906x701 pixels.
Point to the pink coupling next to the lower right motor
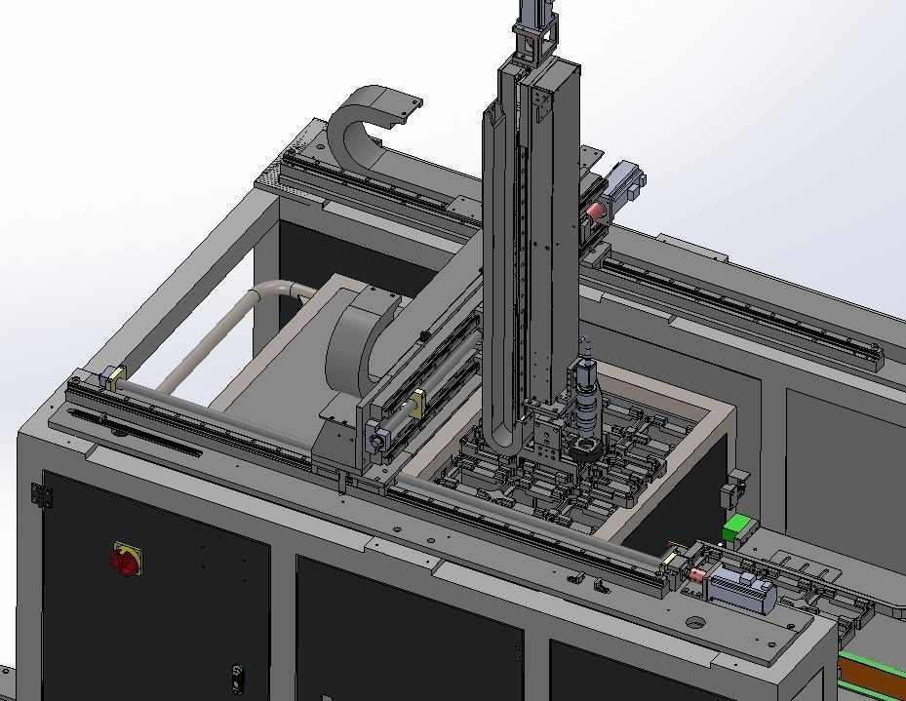click(697, 576)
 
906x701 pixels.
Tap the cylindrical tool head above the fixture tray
click(586, 400)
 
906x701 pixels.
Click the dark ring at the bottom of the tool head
click(588, 449)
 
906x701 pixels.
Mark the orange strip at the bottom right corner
click(873, 674)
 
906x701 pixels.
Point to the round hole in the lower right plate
click(694, 622)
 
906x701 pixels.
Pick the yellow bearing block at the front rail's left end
click(116, 379)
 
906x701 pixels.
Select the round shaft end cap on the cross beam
click(375, 442)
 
